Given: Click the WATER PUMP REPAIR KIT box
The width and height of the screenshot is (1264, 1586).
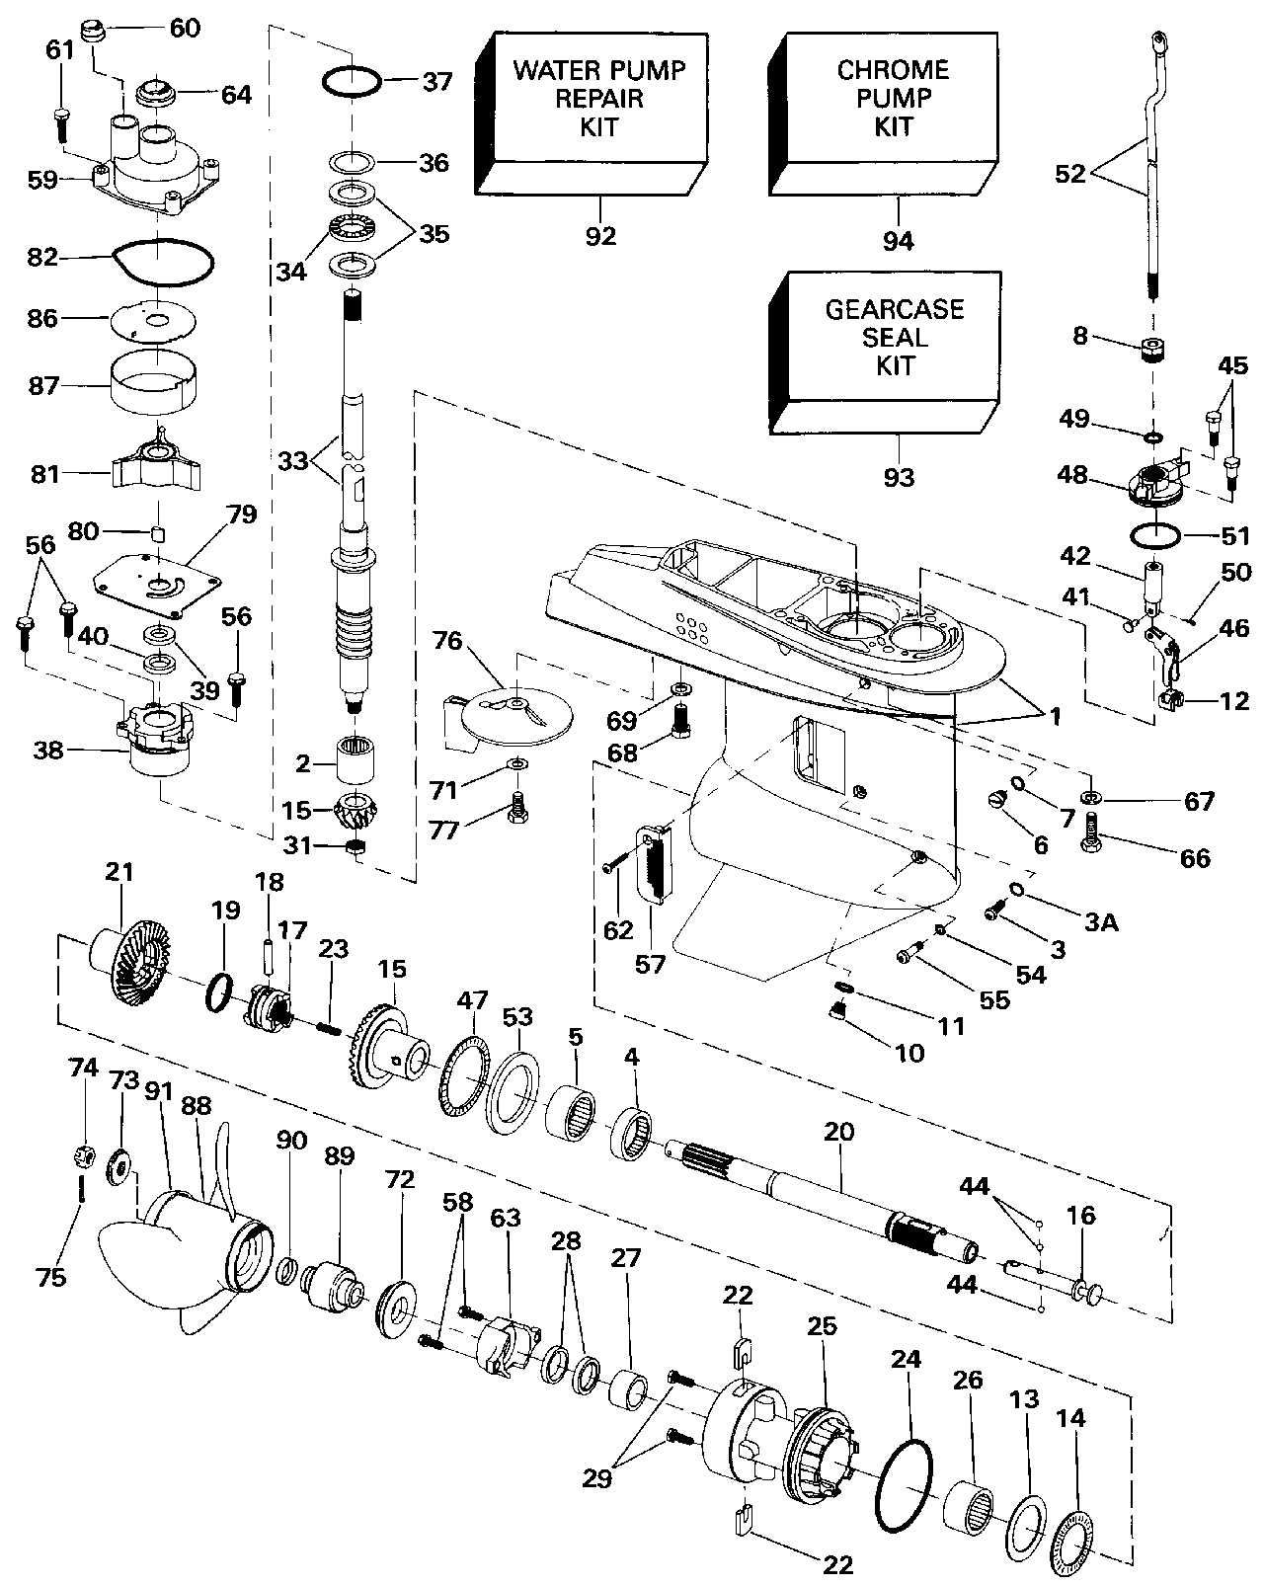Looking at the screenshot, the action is tap(592, 115).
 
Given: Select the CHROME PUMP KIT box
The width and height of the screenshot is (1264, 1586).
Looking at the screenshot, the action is tap(883, 115).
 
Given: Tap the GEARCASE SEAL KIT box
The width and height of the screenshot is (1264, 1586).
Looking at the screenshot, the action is tap(884, 354).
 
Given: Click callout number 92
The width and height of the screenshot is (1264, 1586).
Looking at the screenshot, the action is tap(600, 236).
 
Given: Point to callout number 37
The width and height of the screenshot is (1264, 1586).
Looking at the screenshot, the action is tap(437, 81).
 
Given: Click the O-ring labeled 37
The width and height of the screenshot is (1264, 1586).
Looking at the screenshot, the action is tap(353, 80).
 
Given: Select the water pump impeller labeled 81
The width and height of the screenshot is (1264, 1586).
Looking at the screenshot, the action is tap(156, 459).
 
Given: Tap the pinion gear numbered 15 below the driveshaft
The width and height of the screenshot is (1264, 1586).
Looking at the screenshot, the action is tap(355, 811).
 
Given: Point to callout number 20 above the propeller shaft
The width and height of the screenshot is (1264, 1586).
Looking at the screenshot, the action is tap(838, 1132).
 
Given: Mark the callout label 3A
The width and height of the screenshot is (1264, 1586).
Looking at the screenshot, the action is tap(1101, 922).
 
